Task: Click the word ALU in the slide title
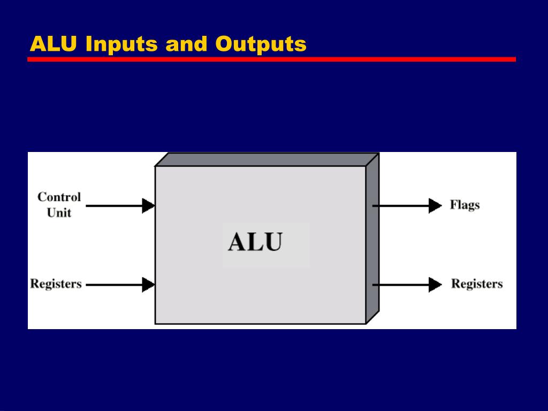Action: click(x=54, y=44)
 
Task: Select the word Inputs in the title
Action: click(x=122, y=44)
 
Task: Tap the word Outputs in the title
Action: click(x=261, y=44)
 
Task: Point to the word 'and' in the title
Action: click(x=186, y=44)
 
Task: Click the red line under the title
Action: click(x=271, y=59)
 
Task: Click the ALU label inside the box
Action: click(x=255, y=242)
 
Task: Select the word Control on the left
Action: click(x=59, y=197)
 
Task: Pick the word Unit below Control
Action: click(x=59, y=212)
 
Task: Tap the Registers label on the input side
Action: click(x=56, y=284)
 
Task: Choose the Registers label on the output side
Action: click(x=477, y=284)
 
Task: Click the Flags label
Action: click(x=465, y=205)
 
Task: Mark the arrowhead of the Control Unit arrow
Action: click(x=148, y=205)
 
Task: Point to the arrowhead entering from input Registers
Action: click(x=148, y=284)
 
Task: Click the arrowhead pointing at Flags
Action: click(x=435, y=205)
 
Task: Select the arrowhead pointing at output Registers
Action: click(x=435, y=284)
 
